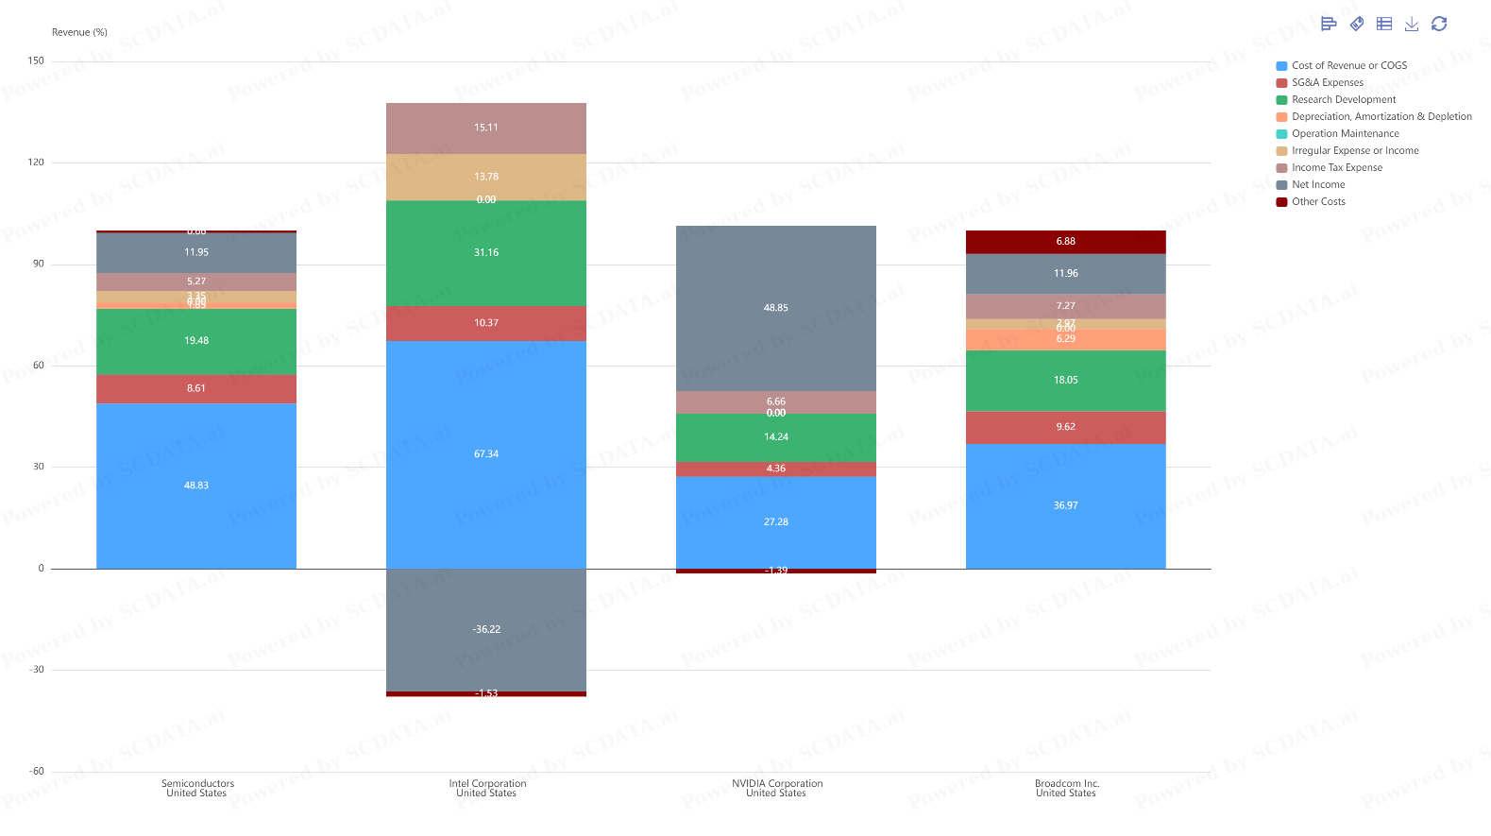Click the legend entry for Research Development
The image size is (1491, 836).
tap(1343, 99)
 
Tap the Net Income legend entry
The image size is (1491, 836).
tap(1317, 184)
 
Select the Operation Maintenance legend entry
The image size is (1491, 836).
tap(1345, 133)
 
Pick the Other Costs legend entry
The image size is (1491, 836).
tap(1317, 201)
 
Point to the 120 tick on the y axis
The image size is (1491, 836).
tap(36, 162)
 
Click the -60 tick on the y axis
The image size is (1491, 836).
tap(36, 771)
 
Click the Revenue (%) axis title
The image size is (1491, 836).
tap(79, 32)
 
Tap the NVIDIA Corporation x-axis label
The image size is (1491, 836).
tap(777, 788)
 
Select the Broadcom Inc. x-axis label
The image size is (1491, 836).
tap(1067, 788)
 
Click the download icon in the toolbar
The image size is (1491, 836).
tap(1412, 24)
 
